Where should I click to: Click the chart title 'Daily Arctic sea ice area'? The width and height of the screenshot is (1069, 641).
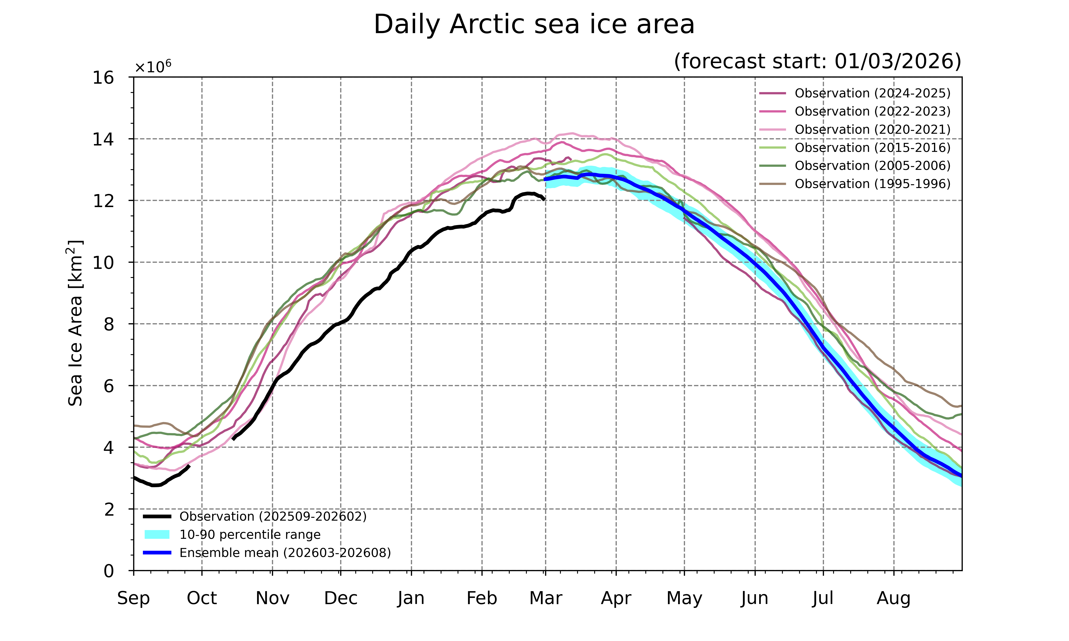(534, 25)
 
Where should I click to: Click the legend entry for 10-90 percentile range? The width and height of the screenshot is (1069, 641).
(250, 535)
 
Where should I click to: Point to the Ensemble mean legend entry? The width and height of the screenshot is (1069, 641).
(285, 553)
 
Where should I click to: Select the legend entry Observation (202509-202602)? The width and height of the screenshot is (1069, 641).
(273, 517)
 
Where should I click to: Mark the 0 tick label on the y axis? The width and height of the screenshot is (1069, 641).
(109, 571)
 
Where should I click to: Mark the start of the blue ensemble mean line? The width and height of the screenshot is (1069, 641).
(545, 179)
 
